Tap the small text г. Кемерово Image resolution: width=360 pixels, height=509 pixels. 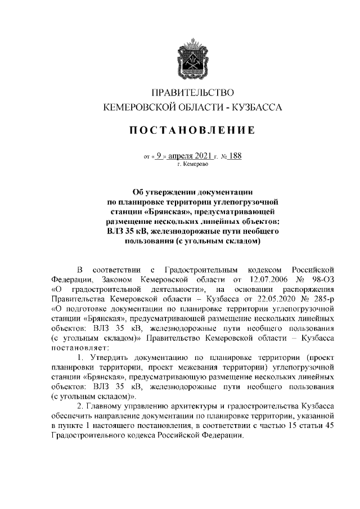pyautogui.click(x=193, y=166)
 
